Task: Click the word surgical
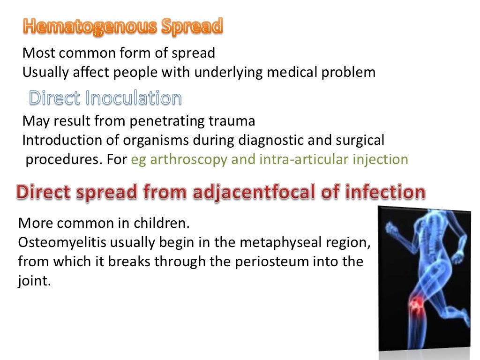tap(361, 140)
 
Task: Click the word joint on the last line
tap(32, 281)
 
